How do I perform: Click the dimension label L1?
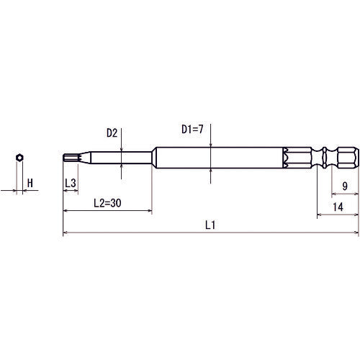coord(210,225)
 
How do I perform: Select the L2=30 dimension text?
coord(107,204)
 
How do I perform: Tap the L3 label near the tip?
coord(71,184)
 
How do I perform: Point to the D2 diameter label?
coord(112,133)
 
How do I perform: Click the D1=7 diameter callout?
coord(192,130)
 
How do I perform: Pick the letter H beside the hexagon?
coord(30,184)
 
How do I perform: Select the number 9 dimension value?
coord(345,186)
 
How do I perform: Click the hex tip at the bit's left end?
coord(71,157)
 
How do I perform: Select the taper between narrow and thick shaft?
coord(153,157)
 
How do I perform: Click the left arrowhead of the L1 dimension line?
coord(66,233)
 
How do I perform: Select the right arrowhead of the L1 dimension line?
coord(355,233)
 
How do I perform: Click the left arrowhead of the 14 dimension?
coord(320,215)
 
